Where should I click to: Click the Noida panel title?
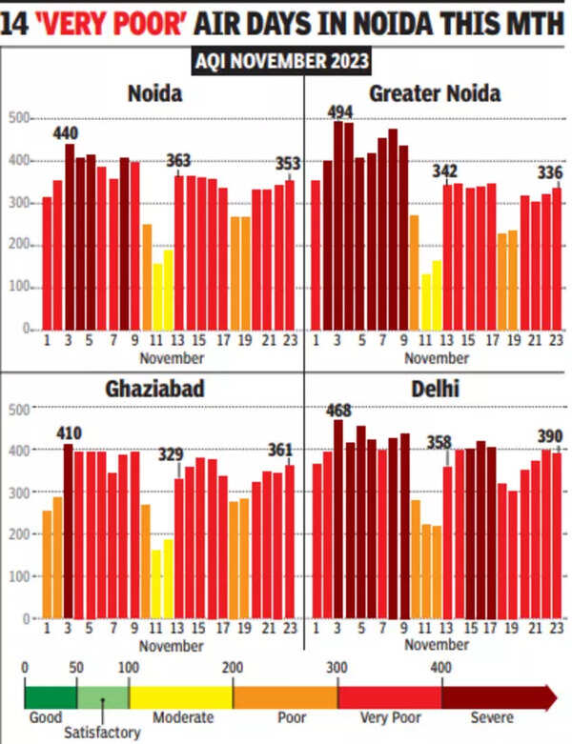155,93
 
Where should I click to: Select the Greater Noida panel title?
434,93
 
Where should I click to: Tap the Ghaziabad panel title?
155,391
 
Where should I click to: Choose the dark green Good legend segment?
50,696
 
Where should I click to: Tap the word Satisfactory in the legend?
101,733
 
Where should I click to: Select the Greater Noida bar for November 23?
557,258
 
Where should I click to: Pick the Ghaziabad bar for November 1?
47,563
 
